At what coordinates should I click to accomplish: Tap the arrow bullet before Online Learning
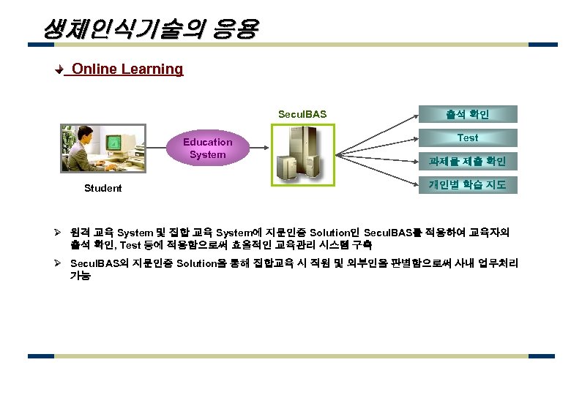61,70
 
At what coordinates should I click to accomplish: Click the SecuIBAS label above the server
302,114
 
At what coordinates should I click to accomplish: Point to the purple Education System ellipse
207,148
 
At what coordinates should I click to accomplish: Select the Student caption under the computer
103,189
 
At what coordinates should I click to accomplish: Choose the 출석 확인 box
467,114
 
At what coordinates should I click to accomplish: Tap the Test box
467,138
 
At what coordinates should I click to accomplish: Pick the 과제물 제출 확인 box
467,161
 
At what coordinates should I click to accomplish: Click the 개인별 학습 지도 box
467,184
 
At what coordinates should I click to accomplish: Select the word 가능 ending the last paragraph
80,276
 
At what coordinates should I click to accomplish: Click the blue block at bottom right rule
541,356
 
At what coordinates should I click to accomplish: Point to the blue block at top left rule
40,45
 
